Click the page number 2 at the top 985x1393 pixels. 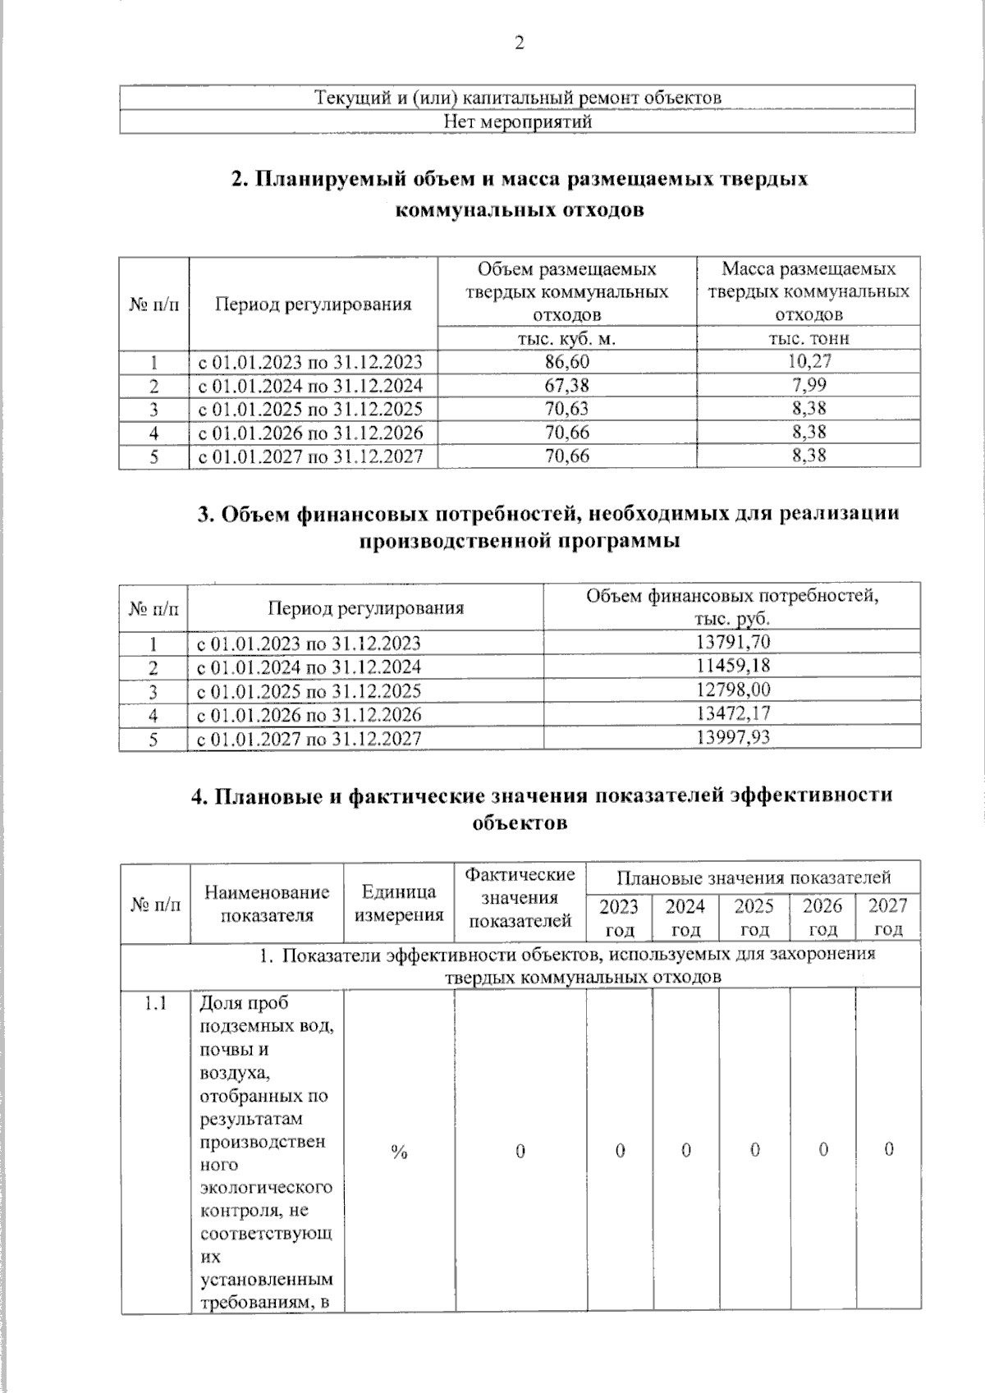(519, 44)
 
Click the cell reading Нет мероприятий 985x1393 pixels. (517, 122)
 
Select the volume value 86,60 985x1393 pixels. (567, 362)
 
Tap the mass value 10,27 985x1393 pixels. (809, 361)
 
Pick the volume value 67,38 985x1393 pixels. (567, 385)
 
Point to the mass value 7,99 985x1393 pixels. (809, 384)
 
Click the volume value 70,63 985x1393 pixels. (567, 409)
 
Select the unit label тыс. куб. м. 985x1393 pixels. (566, 338)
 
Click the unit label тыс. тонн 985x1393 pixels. (809, 338)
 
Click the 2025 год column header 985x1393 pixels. (754, 917)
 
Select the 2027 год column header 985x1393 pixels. (888, 917)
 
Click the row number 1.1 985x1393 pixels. (155, 1004)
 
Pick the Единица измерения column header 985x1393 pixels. (399, 903)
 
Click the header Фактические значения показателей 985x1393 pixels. (520, 898)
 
